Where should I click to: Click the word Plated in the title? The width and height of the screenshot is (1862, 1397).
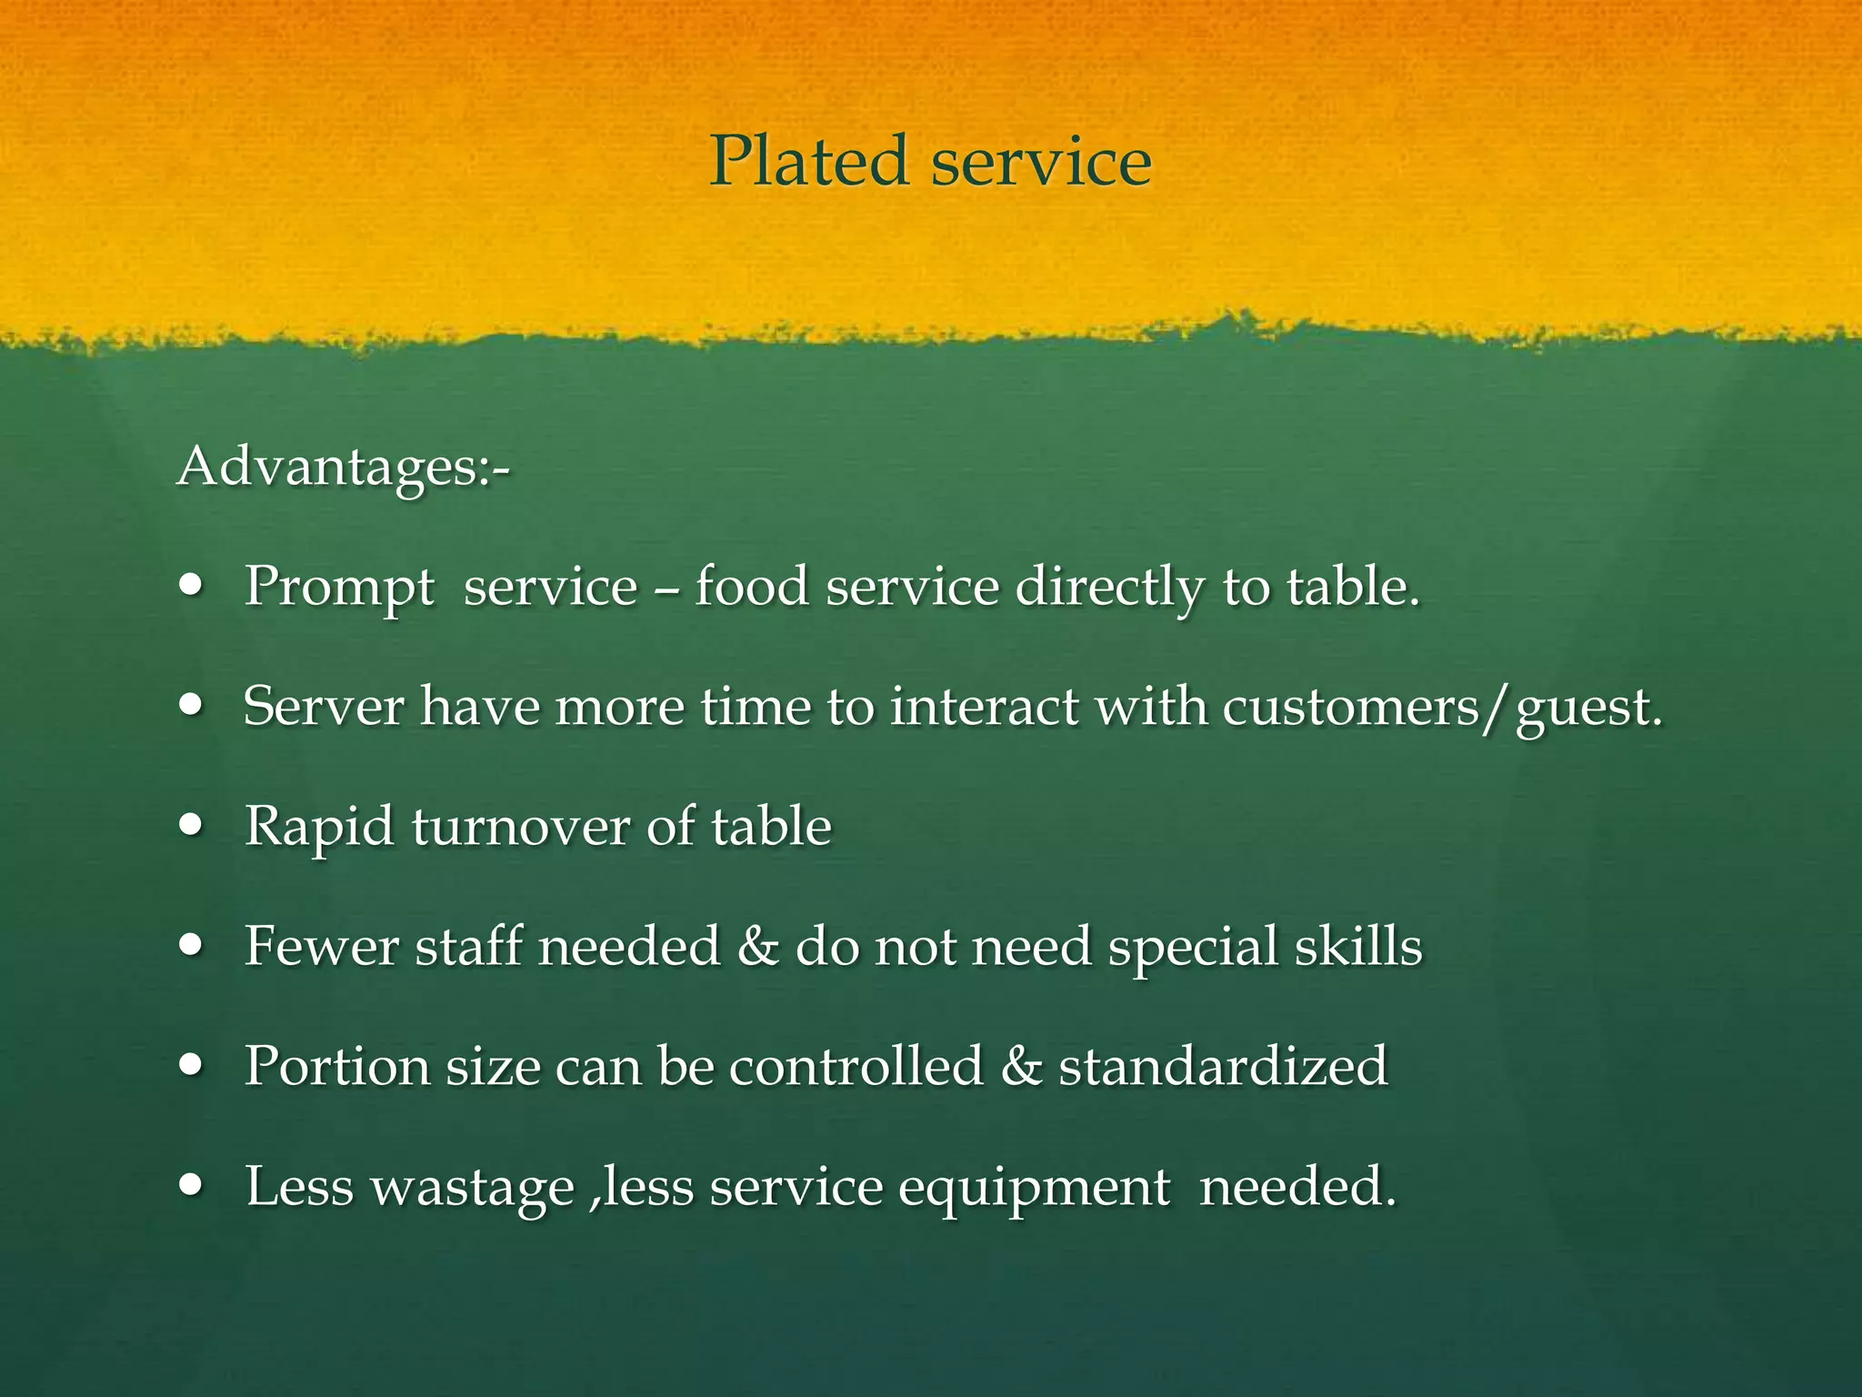pyautogui.click(x=808, y=161)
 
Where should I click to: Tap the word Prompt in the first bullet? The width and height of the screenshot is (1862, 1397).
pyautogui.click(x=339, y=588)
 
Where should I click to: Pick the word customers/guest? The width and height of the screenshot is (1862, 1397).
pyautogui.click(x=1441, y=708)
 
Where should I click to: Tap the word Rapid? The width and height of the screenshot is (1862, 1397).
pyautogui.click(x=319, y=827)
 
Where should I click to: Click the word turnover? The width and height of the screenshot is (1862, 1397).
pyautogui.click(x=520, y=827)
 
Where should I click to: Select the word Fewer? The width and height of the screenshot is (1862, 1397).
pyautogui.click(x=321, y=946)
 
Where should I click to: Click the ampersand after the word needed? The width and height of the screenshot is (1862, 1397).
pyautogui.click(x=758, y=946)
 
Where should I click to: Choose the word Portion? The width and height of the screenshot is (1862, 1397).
pyautogui.click(x=336, y=1066)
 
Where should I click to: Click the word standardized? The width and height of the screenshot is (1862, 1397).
pyautogui.click(x=1223, y=1066)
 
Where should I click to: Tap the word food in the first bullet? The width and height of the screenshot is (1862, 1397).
pyautogui.click(x=752, y=587)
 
